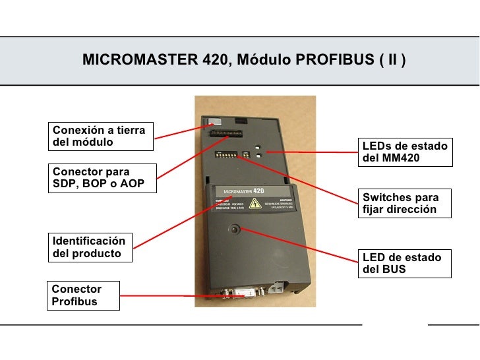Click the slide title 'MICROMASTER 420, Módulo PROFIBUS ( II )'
click(x=244, y=61)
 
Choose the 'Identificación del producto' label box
click(x=90, y=247)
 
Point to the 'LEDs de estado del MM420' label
click(x=405, y=152)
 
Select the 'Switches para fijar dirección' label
click(x=405, y=204)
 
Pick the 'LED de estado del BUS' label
click(x=405, y=263)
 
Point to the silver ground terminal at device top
click(x=215, y=122)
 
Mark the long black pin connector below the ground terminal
click(x=226, y=133)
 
